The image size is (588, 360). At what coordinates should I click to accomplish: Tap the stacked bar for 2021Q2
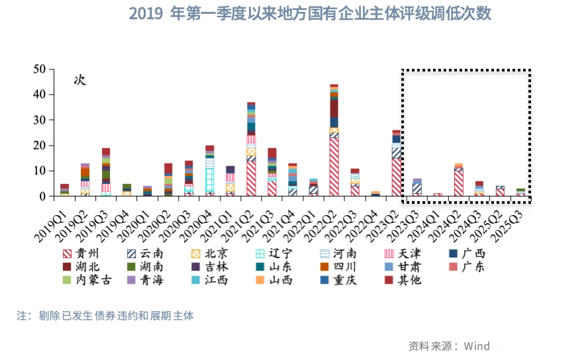tap(251, 150)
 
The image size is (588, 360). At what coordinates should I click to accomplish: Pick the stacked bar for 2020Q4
tap(209, 171)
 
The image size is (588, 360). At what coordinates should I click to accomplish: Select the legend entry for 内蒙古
tap(90, 280)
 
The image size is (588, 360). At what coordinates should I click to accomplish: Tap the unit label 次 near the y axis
tap(79, 80)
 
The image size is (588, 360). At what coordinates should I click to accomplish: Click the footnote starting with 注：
tap(105, 316)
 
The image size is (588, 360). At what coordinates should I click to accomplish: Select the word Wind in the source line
tap(476, 346)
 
